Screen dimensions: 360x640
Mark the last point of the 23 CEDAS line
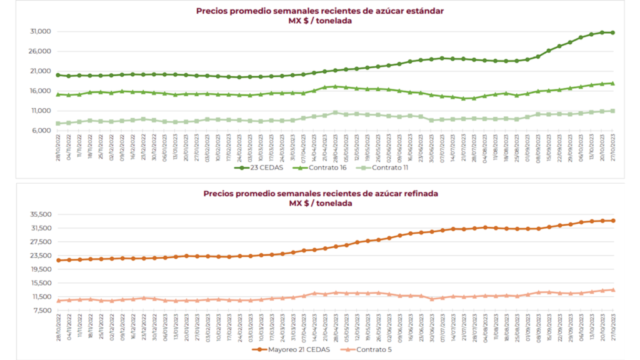tap(612, 32)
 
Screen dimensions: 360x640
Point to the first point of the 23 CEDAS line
tap(58, 75)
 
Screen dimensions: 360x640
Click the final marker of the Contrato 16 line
tap(612, 83)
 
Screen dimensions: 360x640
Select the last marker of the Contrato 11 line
tap(612, 111)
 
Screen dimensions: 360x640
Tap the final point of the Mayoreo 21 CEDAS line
tap(613, 221)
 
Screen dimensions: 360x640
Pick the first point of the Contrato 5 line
tap(58, 301)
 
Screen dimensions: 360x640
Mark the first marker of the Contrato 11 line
tap(58, 123)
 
